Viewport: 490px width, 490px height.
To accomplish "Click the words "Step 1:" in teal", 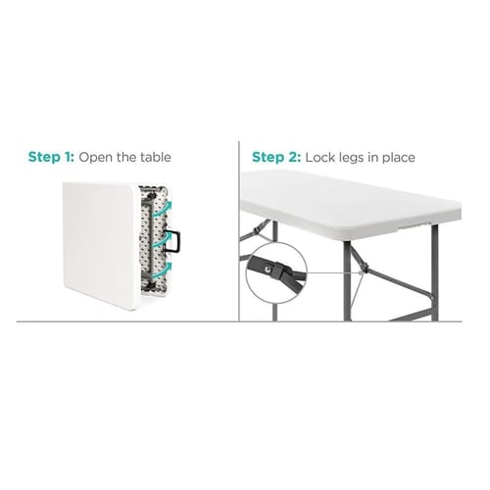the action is [51, 157].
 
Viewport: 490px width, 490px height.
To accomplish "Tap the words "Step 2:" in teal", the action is [276, 157].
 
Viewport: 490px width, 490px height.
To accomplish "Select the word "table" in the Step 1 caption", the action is [156, 157].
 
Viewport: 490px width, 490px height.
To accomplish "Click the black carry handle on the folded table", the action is [173, 241].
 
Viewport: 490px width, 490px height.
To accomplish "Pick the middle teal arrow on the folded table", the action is [163, 240].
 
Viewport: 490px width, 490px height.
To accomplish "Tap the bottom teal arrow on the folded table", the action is [163, 270].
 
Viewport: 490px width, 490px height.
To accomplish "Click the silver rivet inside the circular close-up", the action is [268, 269].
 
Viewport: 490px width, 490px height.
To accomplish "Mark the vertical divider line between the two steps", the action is [239, 231].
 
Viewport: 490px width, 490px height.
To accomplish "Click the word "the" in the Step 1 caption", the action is [126, 157].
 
